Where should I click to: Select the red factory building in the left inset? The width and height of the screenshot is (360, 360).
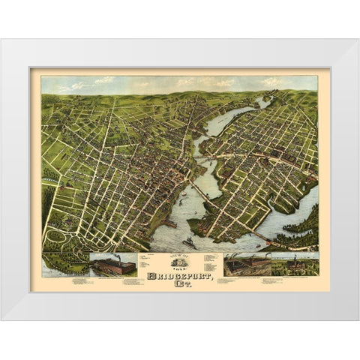[112, 265]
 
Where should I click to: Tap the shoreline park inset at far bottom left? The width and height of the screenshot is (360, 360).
[64, 265]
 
